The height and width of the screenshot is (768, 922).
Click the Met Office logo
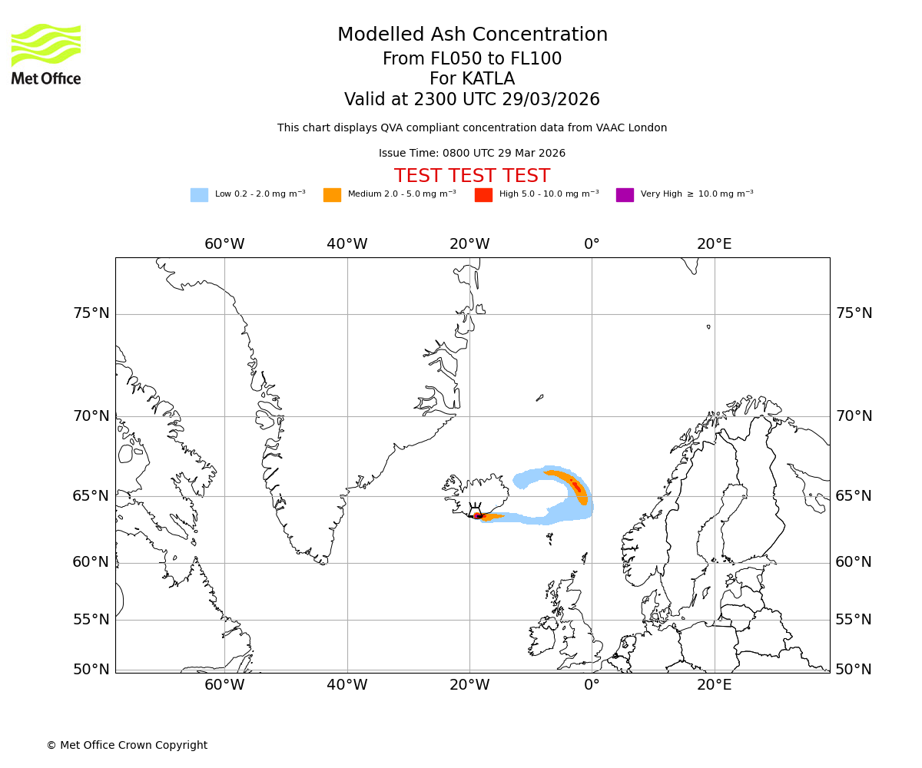coord(46,54)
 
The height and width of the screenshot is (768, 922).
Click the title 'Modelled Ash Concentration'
coord(472,35)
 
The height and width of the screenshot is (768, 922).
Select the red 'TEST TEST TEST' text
coord(472,176)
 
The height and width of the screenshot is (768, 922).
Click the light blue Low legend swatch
coord(199,195)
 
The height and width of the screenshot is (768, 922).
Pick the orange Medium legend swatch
coord(332,195)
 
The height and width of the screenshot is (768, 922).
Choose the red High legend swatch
coord(483,195)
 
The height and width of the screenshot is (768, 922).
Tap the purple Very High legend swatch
coord(625,195)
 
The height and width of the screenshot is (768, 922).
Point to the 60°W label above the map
coord(224,244)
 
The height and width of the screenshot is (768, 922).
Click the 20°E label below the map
coord(714,685)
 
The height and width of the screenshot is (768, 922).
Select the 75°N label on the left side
coord(91,313)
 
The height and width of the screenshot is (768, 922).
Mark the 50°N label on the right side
coord(854,670)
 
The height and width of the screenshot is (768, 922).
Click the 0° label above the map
coord(592,244)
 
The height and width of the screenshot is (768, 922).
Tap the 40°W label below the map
coord(347,685)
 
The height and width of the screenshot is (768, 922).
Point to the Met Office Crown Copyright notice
coord(127,745)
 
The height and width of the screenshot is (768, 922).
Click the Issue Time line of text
coord(472,154)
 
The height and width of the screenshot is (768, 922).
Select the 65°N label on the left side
coord(91,496)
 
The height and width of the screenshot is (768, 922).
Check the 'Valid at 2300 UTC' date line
coord(472,100)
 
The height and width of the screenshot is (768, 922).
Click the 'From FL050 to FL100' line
coord(472,59)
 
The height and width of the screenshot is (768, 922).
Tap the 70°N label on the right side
coord(854,416)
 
